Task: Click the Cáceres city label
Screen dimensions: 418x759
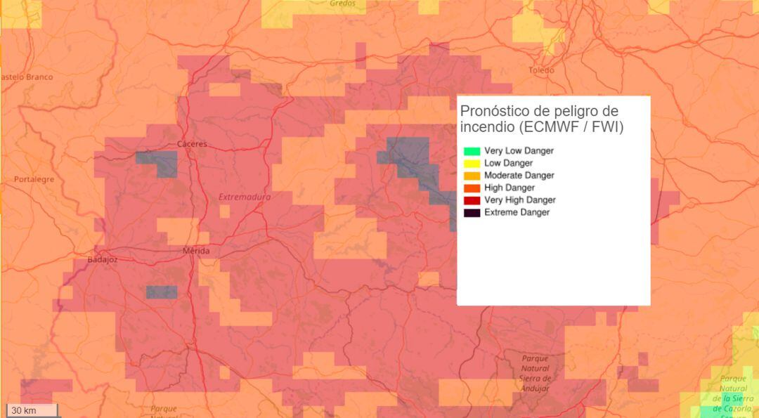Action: (x=192, y=144)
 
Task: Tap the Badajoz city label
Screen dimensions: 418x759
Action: (x=103, y=259)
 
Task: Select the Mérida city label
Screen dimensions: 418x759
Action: (x=195, y=251)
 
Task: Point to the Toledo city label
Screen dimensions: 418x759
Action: (x=541, y=70)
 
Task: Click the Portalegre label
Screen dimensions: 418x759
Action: (x=34, y=179)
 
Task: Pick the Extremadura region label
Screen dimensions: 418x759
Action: (x=244, y=197)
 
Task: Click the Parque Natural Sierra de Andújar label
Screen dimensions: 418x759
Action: (x=535, y=373)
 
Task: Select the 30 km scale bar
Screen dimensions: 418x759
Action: (x=32, y=410)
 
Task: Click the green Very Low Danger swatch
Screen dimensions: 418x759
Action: (x=472, y=151)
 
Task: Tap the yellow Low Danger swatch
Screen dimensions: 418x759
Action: (x=472, y=163)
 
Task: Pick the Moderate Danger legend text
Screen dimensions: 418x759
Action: (x=519, y=176)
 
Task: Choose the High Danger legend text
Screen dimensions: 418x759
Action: (x=509, y=188)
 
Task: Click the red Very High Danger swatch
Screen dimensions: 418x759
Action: (x=472, y=200)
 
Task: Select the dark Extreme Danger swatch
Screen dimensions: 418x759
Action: (x=472, y=212)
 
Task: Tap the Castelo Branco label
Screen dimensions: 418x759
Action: (x=27, y=77)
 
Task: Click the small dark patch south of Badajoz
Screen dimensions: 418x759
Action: (x=162, y=292)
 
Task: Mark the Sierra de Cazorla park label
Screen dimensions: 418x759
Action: (x=733, y=393)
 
